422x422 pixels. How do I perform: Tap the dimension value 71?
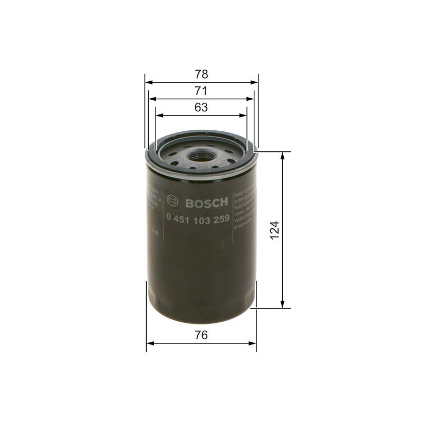201,90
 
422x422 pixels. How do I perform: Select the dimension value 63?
201,107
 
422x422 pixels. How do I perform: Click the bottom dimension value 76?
201,334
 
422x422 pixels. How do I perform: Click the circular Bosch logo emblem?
172,201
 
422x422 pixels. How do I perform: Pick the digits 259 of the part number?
220,219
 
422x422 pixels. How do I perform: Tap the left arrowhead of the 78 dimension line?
148,82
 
